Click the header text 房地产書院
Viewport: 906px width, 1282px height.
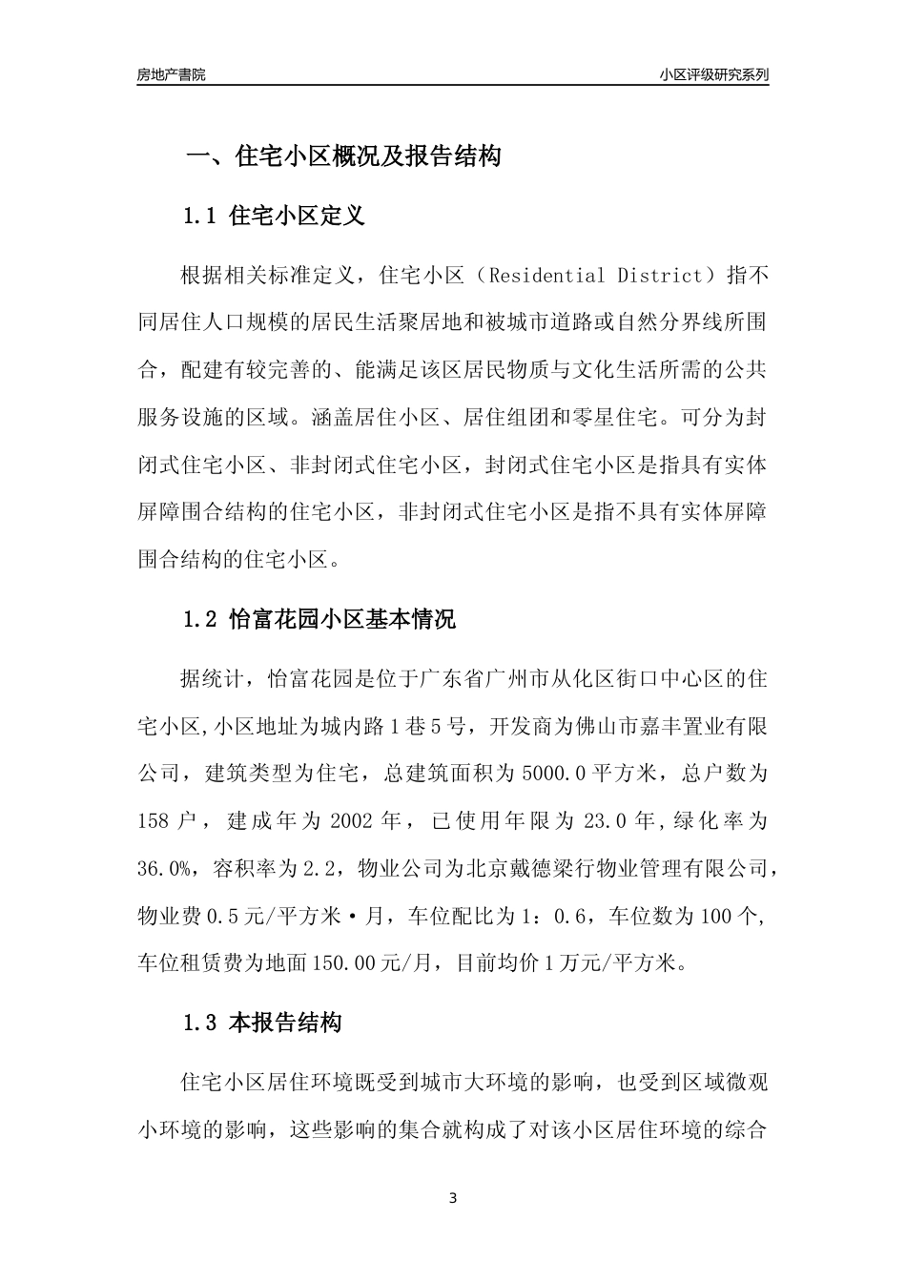[x=171, y=74]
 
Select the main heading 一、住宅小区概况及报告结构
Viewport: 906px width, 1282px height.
[x=342, y=156]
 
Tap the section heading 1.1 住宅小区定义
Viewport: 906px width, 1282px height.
[x=273, y=216]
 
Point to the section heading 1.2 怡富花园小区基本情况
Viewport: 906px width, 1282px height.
[x=319, y=619]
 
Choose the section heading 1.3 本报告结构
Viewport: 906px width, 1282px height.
[x=261, y=1024]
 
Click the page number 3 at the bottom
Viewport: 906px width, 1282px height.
[x=453, y=1198]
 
